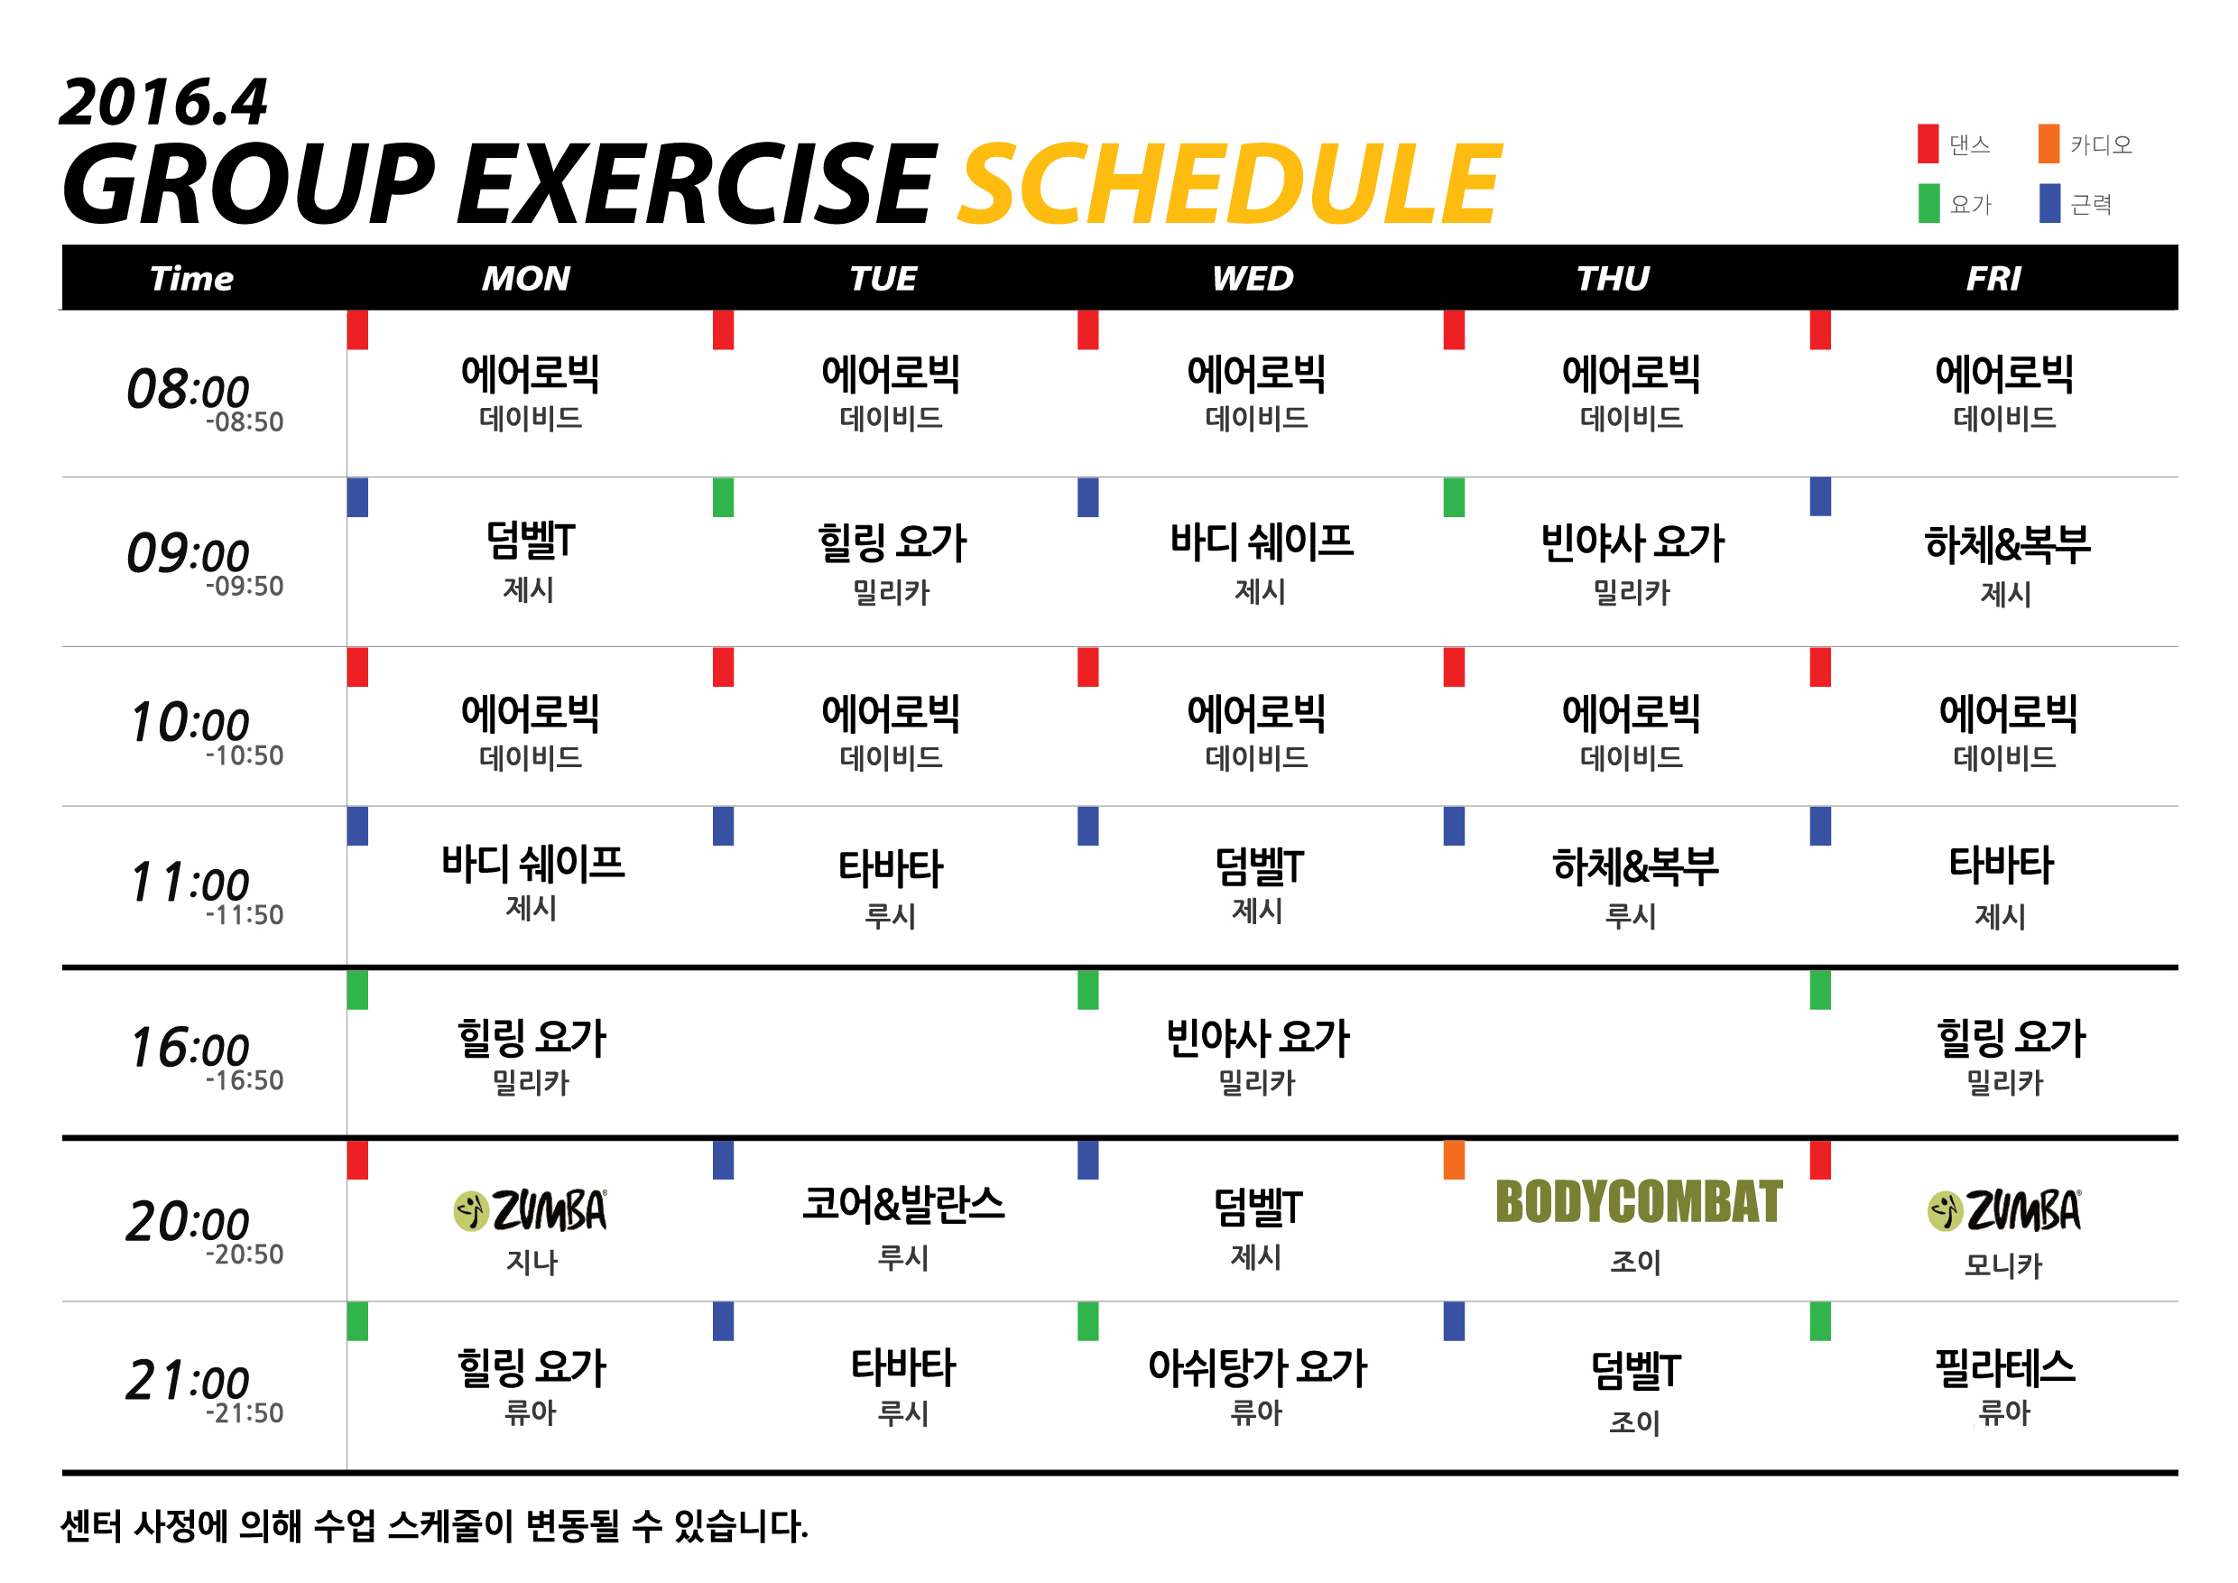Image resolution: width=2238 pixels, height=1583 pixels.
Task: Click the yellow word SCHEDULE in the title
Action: (x=1229, y=183)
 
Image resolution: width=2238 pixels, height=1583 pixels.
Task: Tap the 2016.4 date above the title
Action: (x=162, y=102)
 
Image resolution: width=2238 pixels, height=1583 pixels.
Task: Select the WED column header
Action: (x=1253, y=279)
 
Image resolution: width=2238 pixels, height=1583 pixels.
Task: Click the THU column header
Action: (x=1614, y=279)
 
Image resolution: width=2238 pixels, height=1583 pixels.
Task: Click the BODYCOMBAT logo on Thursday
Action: (x=1639, y=1202)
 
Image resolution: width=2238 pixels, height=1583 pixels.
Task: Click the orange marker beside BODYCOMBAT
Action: (x=1455, y=1160)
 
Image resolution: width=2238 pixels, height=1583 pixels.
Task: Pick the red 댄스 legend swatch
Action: (x=1928, y=143)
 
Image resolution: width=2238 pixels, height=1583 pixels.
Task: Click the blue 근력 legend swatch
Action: (x=2050, y=203)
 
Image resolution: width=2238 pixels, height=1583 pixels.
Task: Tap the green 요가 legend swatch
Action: (x=1929, y=203)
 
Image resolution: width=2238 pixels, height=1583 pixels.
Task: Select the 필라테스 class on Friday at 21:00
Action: (x=2005, y=1367)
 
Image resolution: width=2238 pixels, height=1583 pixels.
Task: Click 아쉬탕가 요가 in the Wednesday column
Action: (x=1257, y=1367)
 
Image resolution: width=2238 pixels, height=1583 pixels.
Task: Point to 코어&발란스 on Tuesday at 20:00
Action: (x=903, y=1205)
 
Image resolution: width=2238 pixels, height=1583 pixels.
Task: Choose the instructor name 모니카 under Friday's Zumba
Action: (x=2003, y=1265)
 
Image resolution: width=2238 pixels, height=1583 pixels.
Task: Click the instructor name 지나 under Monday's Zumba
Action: (x=532, y=1263)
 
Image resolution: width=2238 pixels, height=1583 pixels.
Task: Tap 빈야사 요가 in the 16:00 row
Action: (x=1257, y=1038)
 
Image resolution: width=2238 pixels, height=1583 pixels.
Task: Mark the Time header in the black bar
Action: (x=192, y=279)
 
